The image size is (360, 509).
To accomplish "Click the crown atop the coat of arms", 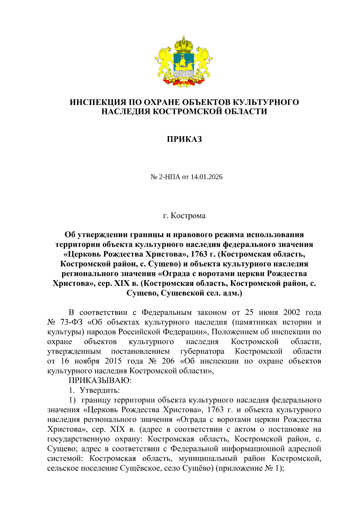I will tap(184, 44).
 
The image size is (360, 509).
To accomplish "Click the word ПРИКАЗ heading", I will tap(184, 139).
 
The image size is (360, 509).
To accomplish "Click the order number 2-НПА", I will tap(169, 177).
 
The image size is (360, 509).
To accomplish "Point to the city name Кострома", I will tap(188, 216).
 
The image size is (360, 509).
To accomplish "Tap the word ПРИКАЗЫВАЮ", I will tap(100, 380).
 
